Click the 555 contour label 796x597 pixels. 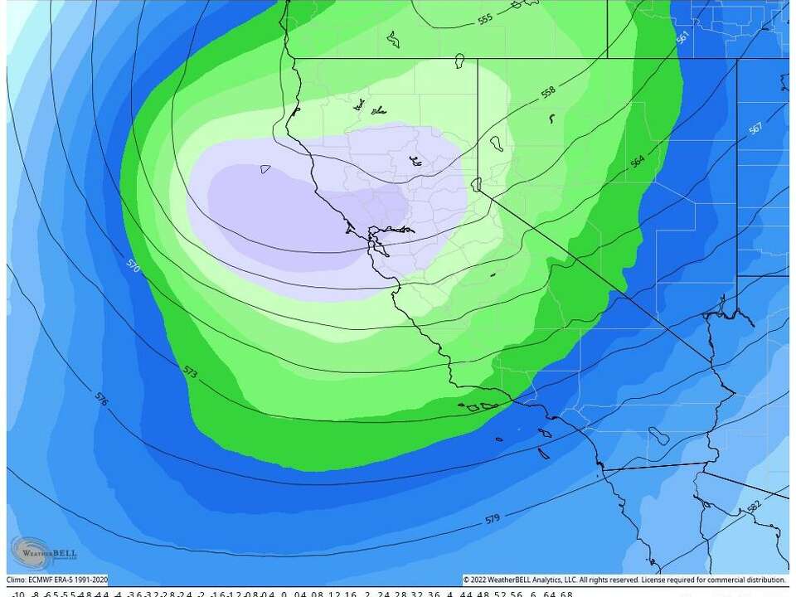pos(485,18)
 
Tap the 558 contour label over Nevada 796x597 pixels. pos(548,92)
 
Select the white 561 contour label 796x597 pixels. pos(682,38)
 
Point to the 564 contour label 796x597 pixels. pos(638,161)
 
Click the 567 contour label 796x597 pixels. pos(755,129)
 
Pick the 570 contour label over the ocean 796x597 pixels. pos(133,266)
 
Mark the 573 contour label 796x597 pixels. pos(192,375)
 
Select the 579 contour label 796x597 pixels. pos(492,520)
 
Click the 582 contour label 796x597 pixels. pos(753,505)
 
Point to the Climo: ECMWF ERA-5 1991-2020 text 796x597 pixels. pos(56,580)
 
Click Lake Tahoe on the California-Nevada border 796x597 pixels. pos(477,184)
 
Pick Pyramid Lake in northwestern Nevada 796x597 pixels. pos(496,144)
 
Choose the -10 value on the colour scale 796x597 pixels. pos(17,594)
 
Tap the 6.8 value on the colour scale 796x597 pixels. pos(566,594)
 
